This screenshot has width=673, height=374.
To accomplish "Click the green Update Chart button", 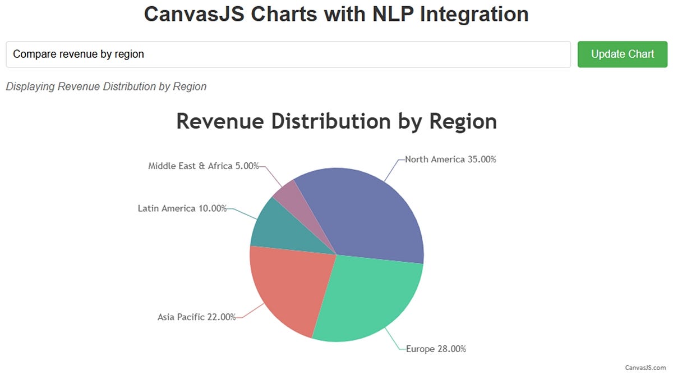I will [x=623, y=54].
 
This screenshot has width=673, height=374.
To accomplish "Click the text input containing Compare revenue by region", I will [x=288, y=54].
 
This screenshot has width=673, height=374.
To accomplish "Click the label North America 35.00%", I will [x=450, y=159].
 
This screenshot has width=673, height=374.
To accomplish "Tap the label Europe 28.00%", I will [x=436, y=349].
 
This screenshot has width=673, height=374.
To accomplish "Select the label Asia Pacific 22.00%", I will [x=196, y=317].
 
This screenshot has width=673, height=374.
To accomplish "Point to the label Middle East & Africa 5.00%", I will [x=203, y=166].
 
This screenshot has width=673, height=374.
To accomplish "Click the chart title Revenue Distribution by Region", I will [x=336, y=121].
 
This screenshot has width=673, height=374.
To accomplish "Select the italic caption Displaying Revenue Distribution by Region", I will [x=106, y=86].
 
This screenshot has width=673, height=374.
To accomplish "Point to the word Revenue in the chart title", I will [x=220, y=121].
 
